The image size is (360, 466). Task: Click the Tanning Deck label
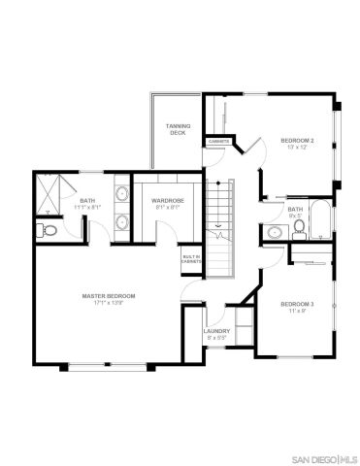178,129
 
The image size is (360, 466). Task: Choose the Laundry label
216,331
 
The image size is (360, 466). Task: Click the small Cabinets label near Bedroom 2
217,142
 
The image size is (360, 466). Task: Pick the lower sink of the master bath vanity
120,222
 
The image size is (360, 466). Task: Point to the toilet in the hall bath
300,228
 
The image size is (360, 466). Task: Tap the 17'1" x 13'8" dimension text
108,303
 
